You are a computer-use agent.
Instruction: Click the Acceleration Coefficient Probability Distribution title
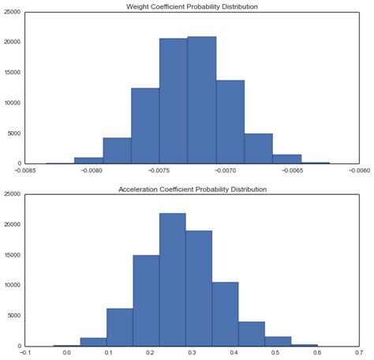pyautogui.click(x=193, y=190)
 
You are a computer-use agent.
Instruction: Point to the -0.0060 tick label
pyautogui.click(x=358, y=171)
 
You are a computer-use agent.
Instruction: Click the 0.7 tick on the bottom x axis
pyautogui.click(x=358, y=353)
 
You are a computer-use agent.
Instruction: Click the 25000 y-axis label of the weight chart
pyautogui.click(x=11, y=12)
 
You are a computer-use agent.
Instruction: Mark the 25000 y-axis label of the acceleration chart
pyautogui.click(x=11, y=194)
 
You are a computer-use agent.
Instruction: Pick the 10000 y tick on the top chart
pyautogui.click(x=11, y=103)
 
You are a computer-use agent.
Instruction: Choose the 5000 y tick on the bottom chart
pyautogui.click(x=13, y=316)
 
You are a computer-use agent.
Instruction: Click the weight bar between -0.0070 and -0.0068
pyautogui.click(x=230, y=122)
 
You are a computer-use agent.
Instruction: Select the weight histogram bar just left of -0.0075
pyautogui.click(x=144, y=126)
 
